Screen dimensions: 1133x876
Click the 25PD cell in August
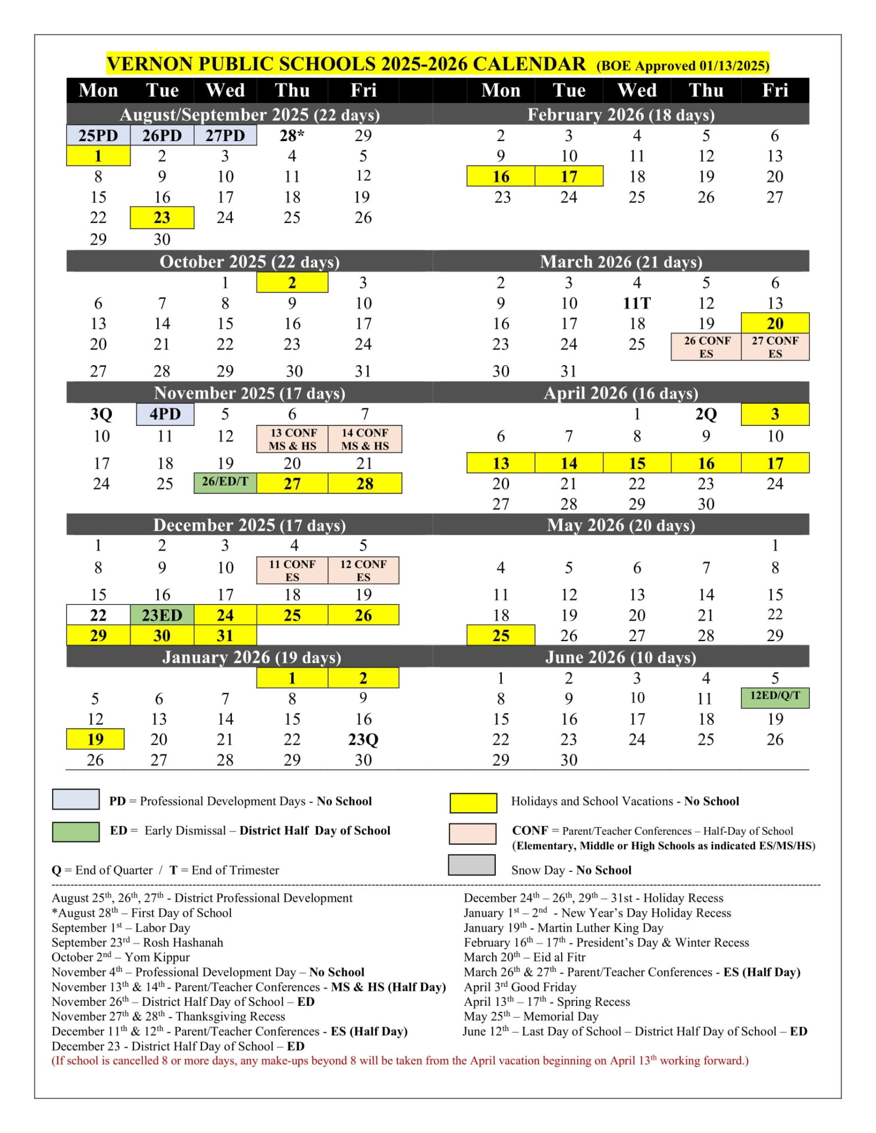tap(98, 136)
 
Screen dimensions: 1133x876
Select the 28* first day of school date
tap(292, 136)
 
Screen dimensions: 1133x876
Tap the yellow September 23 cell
tap(162, 217)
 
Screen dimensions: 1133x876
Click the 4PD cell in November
tap(165, 414)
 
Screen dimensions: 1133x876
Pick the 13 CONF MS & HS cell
tap(292, 439)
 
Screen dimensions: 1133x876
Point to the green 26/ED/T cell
tap(225, 482)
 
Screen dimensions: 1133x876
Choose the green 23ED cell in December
tap(162, 615)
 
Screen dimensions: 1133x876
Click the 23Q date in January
tap(363, 740)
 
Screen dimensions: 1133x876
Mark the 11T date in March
tap(636, 304)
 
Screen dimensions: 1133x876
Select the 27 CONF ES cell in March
tap(775, 347)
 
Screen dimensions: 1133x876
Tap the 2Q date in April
tap(706, 414)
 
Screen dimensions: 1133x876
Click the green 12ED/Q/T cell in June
tap(775, 697)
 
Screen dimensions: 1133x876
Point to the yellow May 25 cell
tap(500, 635)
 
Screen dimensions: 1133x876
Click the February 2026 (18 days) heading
tap(620, 115)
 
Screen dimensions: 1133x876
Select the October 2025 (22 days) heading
tap(249, 262)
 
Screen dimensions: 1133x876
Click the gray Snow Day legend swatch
tap(471, 865)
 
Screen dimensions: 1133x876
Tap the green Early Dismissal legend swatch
tap(76, 831)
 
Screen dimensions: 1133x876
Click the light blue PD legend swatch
tap(76, 799)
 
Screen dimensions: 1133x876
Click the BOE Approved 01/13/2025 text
tap(682, 66)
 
